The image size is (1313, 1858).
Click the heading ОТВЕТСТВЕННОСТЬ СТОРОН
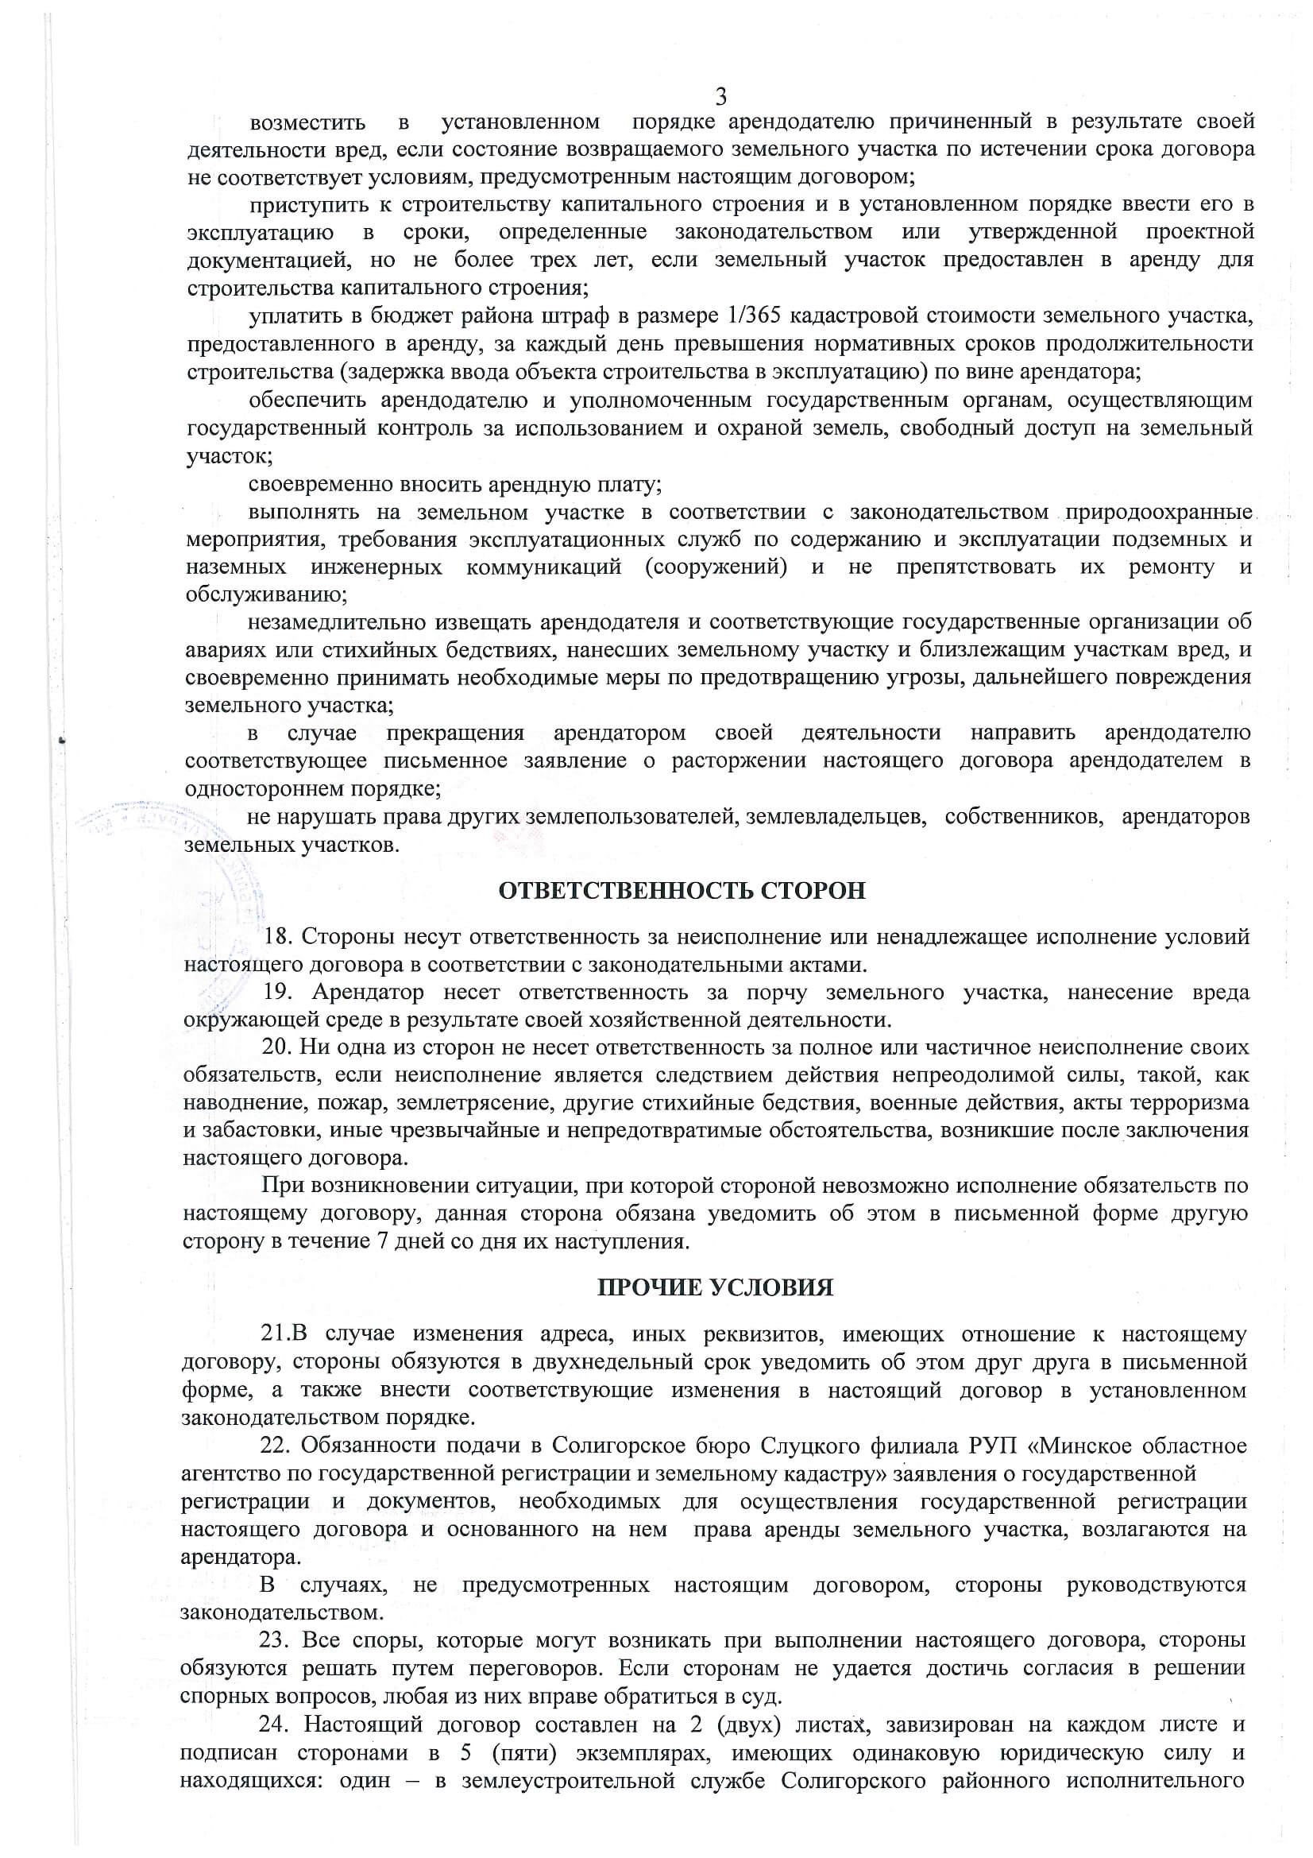(x=682, y=891)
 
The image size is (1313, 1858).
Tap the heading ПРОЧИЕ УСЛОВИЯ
(x=714, y=1287)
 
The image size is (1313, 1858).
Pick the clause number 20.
(x=276, y=1047)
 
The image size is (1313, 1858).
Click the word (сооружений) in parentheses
(x=716, y=567)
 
